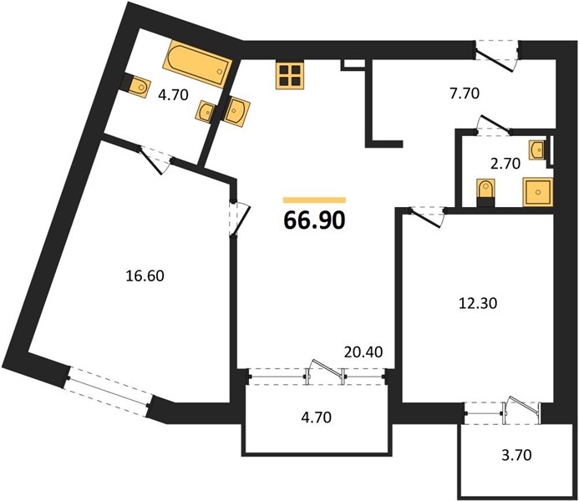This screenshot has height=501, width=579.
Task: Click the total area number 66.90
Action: click(315, 220)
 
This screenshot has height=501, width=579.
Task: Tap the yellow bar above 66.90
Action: click(315, 200)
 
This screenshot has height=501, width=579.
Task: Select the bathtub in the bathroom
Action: click(197, 63)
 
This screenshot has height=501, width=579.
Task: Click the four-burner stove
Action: click(290, 75)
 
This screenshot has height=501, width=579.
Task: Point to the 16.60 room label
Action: click(145, 276)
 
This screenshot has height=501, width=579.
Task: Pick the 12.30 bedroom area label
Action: click(478, 303)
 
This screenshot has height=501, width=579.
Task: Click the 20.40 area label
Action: click(363, 352)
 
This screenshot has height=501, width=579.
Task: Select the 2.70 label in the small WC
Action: click(505, 163)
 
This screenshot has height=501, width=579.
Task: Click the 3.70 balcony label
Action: click(516, 455)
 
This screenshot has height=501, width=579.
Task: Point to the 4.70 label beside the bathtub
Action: click(173, 95)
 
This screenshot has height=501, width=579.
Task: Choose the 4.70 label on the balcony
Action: click(316, 417)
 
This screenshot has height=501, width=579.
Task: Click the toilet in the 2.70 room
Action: click(485, 192)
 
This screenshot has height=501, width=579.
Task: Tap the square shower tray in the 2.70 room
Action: click(538, 191)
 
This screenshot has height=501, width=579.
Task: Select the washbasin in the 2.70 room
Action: click(538, 150)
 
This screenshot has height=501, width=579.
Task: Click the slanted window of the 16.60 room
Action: click(108, 392)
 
